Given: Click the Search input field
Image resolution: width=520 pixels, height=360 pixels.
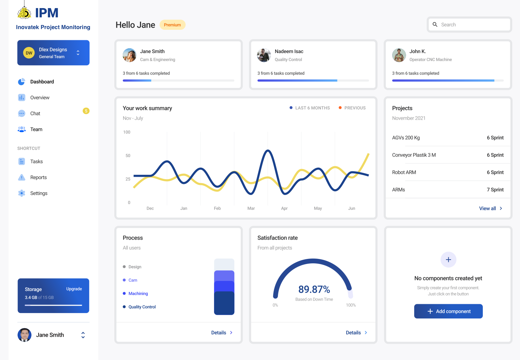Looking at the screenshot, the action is pos(469,25).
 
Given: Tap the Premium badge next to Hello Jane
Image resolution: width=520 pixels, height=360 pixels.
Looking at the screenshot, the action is pos(172,25).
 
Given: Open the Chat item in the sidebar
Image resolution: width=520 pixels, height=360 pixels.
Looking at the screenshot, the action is pos(35,114).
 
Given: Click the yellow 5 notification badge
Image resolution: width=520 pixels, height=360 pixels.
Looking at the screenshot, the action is pos(86,111).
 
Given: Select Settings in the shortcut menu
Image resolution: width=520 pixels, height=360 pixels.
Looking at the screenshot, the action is pos(39,193).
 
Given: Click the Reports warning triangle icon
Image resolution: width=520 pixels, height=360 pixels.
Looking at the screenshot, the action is pos(22,177).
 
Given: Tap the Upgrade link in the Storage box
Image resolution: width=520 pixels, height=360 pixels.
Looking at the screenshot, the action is pos(74,289).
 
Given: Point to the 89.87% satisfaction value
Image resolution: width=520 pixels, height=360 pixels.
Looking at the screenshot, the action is pos(314,289).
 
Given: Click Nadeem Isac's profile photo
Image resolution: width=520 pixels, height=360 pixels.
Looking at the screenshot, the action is pos(264,55).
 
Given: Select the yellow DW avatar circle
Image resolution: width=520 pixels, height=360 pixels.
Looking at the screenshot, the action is pos(29,53).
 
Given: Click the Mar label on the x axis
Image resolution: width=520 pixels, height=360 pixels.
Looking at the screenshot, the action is pos(251,209).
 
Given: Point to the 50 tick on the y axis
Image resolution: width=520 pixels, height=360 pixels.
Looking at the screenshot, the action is pos(128,155).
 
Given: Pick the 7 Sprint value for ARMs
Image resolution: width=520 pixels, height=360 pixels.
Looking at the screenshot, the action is pos(495,190).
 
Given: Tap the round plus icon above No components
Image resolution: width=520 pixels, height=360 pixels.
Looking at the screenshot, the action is pos(448,260).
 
